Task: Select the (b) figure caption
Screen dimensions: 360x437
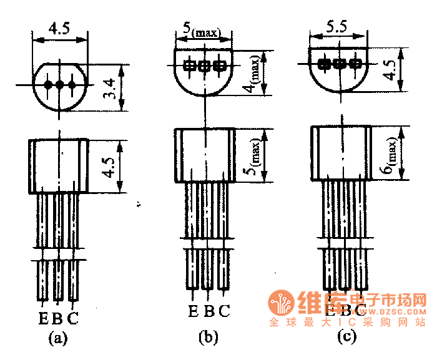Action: [x=208, y=338]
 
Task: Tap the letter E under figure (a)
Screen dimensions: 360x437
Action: [x=43, y=319]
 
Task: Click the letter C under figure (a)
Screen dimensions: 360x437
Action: [x=73, y=319]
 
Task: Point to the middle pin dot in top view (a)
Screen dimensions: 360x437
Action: [x=60, y=84]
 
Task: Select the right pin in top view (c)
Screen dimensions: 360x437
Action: [x=355, y=63]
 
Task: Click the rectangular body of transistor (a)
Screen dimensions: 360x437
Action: [x=59, y=166]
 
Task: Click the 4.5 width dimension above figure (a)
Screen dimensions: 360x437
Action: [x=60, y=28]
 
